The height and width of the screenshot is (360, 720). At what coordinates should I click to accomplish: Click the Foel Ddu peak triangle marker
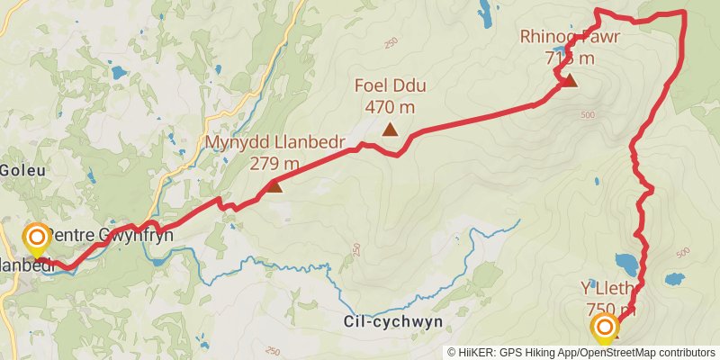(390, 130)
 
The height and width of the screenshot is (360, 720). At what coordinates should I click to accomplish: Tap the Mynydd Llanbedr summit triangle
(274, 186)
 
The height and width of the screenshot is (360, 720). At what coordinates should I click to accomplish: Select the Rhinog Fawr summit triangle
(569, 81)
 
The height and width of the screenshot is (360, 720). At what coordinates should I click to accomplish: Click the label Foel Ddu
(390, 86)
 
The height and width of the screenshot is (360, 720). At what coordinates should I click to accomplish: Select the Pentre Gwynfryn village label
(109, 235)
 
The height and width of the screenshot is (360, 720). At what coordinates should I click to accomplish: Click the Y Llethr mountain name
(609, 288)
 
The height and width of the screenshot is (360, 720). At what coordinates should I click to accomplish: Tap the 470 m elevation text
(390, 107)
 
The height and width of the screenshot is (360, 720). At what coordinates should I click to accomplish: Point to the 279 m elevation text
(274, 164)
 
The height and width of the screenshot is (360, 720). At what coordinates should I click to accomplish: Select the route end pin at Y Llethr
(604, 328)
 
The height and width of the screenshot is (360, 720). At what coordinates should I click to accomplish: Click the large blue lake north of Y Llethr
(626, 264)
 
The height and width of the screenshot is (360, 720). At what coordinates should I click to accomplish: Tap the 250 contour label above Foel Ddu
(390, 42)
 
